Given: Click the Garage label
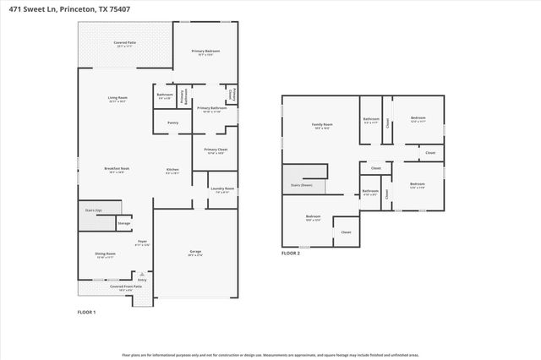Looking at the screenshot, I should click(195, 251).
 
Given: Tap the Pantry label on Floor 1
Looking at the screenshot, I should click(172, 123).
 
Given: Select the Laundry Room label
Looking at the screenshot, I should click(224, 188).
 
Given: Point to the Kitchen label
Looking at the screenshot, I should click(172, 170).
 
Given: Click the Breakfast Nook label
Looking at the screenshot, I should click(117, 168).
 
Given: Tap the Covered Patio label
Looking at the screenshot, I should click(126, 41).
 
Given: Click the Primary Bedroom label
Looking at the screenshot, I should click(205, 52).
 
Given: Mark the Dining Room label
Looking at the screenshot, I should click(105, 253).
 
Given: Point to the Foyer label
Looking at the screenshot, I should click(142, 242).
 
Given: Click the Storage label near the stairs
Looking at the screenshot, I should click(123, 223).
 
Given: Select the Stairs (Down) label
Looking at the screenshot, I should click(301, 183).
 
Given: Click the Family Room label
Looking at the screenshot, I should click(322, 124).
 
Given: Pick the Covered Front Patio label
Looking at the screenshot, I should click(126, 286).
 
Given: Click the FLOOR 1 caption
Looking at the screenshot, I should click(87, 313).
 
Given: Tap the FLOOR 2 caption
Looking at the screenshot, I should click(290, 252).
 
